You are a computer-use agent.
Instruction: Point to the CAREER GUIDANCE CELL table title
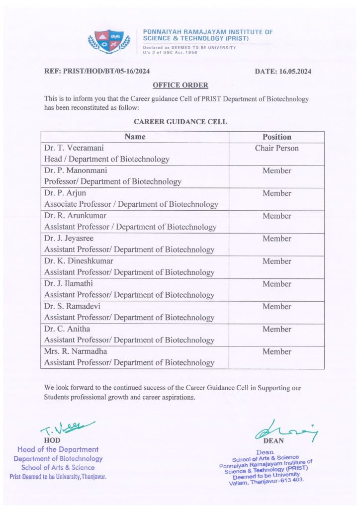pos(180,121)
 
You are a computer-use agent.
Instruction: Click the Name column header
pos(135,137)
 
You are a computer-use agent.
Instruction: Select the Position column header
pos(276,137)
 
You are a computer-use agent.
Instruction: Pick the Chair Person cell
pos(276,148)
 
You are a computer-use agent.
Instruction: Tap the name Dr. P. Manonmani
pos(75,170)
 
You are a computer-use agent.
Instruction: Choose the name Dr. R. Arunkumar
pos(75,216)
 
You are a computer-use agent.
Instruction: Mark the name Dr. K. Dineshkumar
pos(79,261)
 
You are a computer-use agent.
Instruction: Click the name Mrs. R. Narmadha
pos(76,351)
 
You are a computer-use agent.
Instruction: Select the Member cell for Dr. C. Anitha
pos(276,329)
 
